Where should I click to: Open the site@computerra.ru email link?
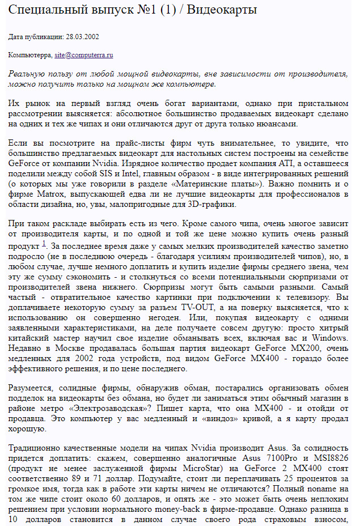pos(84,55)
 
